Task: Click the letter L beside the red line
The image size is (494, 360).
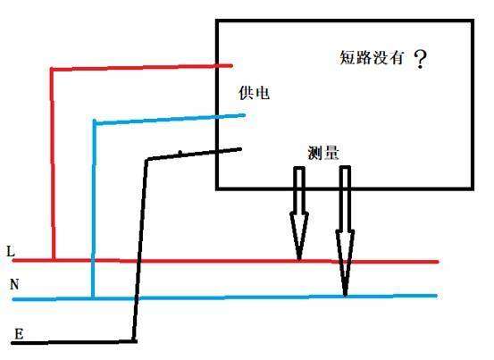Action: point(11,251)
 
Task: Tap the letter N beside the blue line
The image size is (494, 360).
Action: point(14,284)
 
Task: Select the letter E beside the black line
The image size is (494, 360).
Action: point(19,333)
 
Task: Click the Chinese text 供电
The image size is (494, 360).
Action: point(254,93)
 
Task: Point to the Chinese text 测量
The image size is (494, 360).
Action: point(323,154)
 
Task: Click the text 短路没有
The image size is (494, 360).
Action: point(372,58)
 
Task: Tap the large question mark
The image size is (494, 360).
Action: point(420,60)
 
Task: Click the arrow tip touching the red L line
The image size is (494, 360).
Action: point(299,260)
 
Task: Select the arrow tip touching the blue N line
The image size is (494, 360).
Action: point(346,295)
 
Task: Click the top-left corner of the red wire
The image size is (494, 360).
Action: point(52,70)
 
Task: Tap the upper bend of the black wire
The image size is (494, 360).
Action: point(147,159)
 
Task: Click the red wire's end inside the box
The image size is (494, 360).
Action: point(231,66)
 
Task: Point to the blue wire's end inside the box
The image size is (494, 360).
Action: point(244,115)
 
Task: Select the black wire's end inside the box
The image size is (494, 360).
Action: point(240,149)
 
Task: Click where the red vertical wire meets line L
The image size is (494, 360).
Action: point(54,260)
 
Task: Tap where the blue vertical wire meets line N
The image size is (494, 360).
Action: point(93,298)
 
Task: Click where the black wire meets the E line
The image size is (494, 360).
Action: point(134,341)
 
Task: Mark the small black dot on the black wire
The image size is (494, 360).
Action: point(180,153)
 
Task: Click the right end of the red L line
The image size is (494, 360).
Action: point(437,262)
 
